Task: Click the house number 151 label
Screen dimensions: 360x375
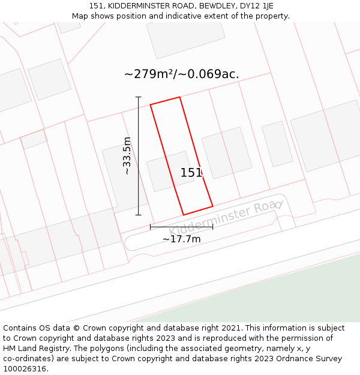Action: click(x=191, y=173)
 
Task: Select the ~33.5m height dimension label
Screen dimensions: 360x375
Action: click(x=127, y=155)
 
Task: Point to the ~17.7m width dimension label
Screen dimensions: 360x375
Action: click(x=181, y=239)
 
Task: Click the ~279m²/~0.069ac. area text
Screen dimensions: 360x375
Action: click(x=181, y=74)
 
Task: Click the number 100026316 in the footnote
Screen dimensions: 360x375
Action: click(x=25, y=369)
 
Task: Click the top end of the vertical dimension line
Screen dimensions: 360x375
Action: click(x=139, y=97)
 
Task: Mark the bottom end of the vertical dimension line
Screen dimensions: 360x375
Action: click(x=139, y=214)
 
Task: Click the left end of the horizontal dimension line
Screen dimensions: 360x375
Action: click(x=150, y=227)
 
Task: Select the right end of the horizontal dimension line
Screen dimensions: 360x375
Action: click(x=212, y=227)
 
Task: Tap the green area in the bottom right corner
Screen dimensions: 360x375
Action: click(x=288, y=294)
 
